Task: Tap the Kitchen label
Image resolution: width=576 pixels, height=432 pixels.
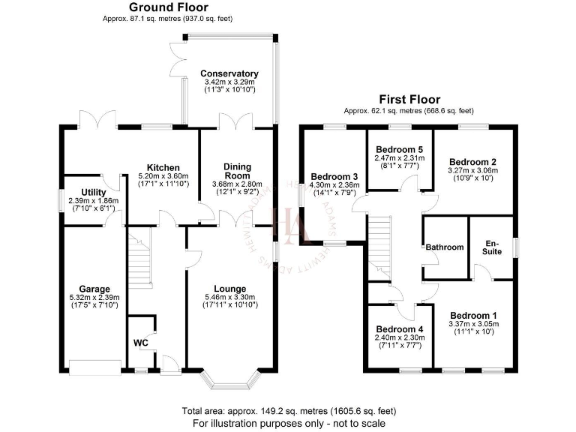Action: (163, 167)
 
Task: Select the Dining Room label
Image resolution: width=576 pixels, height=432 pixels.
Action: (237, 171)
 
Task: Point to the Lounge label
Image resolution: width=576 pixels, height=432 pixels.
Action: (229, 288)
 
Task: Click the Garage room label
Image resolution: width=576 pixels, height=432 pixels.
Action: (95, 289)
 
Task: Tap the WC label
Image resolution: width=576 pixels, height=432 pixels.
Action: (140, 343)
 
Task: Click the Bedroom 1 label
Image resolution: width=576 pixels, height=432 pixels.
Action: (472, 315)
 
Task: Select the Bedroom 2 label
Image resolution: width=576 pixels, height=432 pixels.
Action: (472, 161)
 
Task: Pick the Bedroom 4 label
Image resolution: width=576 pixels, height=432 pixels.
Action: (400, 329)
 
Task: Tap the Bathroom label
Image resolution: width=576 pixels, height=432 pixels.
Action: (445, 247)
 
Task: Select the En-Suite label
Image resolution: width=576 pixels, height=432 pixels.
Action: (492, 247)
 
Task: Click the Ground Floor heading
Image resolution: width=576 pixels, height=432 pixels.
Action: (157, 7)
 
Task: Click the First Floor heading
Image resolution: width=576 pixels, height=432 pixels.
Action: (409, 99)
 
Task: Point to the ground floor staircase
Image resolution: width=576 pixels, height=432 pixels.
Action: (140, 259)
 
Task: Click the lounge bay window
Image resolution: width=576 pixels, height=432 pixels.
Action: (229, 379)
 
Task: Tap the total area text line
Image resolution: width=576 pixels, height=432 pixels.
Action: (288, 411)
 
